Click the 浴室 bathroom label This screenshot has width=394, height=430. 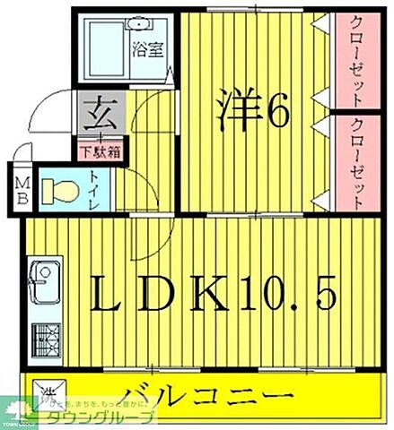[x=148, y=50]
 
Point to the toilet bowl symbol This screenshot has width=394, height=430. [x=63, y=191]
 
